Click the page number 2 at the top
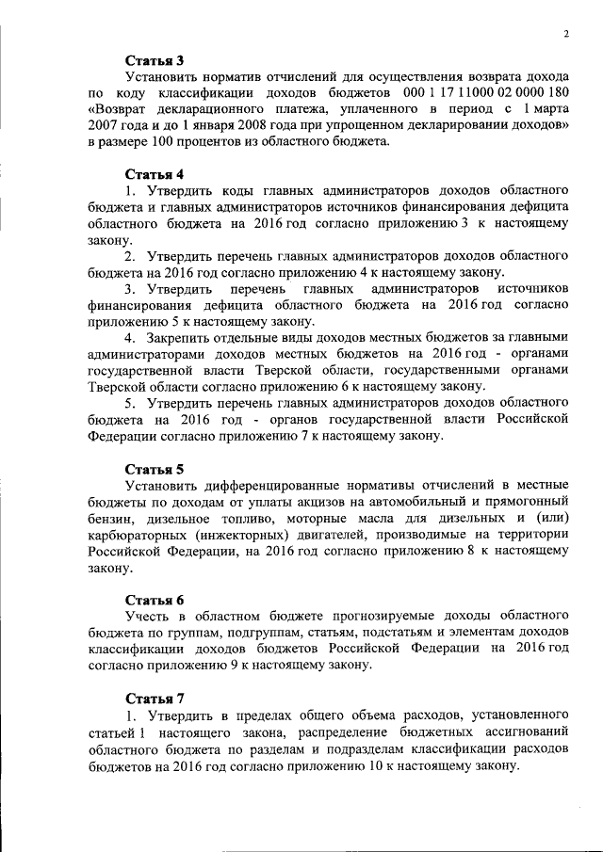566,35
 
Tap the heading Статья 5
155,469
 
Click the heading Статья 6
155,600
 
